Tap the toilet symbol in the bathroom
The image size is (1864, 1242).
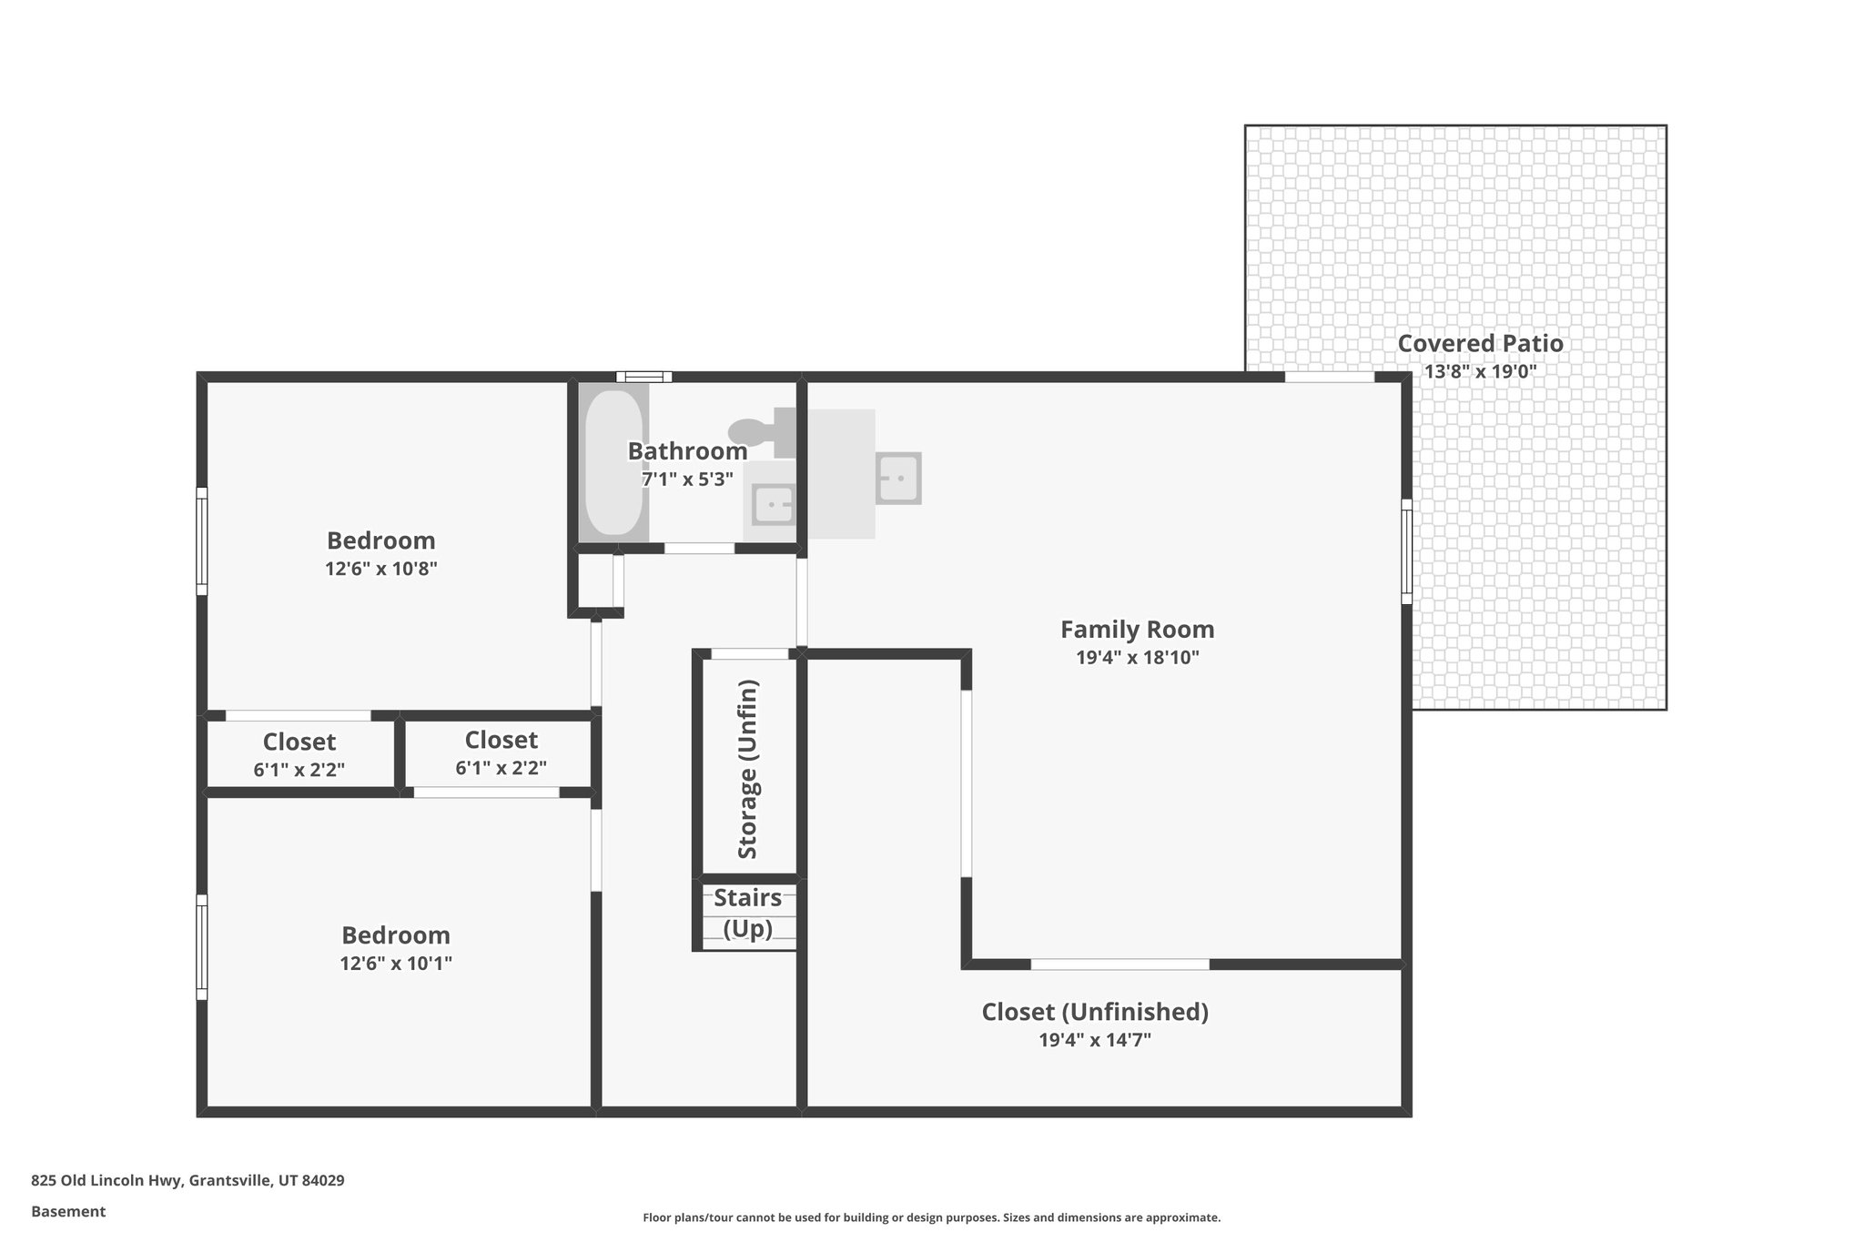click(x=760, y=430)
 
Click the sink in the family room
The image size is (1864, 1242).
click(x=898, y=478)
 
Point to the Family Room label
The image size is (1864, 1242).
click(x=1137, y=630)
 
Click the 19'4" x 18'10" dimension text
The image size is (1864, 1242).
click(x=1137, y=658)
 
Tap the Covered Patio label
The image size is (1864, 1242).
click(x=1480, y=344)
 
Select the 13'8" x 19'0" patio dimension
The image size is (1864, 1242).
click(x=1480, y=371)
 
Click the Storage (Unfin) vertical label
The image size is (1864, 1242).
click(x=747, y=769)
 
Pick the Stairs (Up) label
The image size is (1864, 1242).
click(x=747, y=913)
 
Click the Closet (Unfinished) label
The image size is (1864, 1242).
click(x=1095, y=1012)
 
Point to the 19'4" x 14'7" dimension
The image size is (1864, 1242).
click(x=1095, y=1040)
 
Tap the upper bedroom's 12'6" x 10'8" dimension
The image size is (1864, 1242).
click(x=381, y=570)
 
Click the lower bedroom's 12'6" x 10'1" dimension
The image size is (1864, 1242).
click(x=396, y=964)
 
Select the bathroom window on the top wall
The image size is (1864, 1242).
click(x=643, y=377)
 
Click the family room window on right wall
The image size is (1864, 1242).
click(x=1406, y=551)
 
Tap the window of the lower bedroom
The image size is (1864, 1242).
click(x=202, y=947)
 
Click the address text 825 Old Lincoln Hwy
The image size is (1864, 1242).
click(x=187, y=1181)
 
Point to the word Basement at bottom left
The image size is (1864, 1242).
click(x=68, y=1212)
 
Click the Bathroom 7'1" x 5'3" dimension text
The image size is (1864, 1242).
click(x=687, y=480)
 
